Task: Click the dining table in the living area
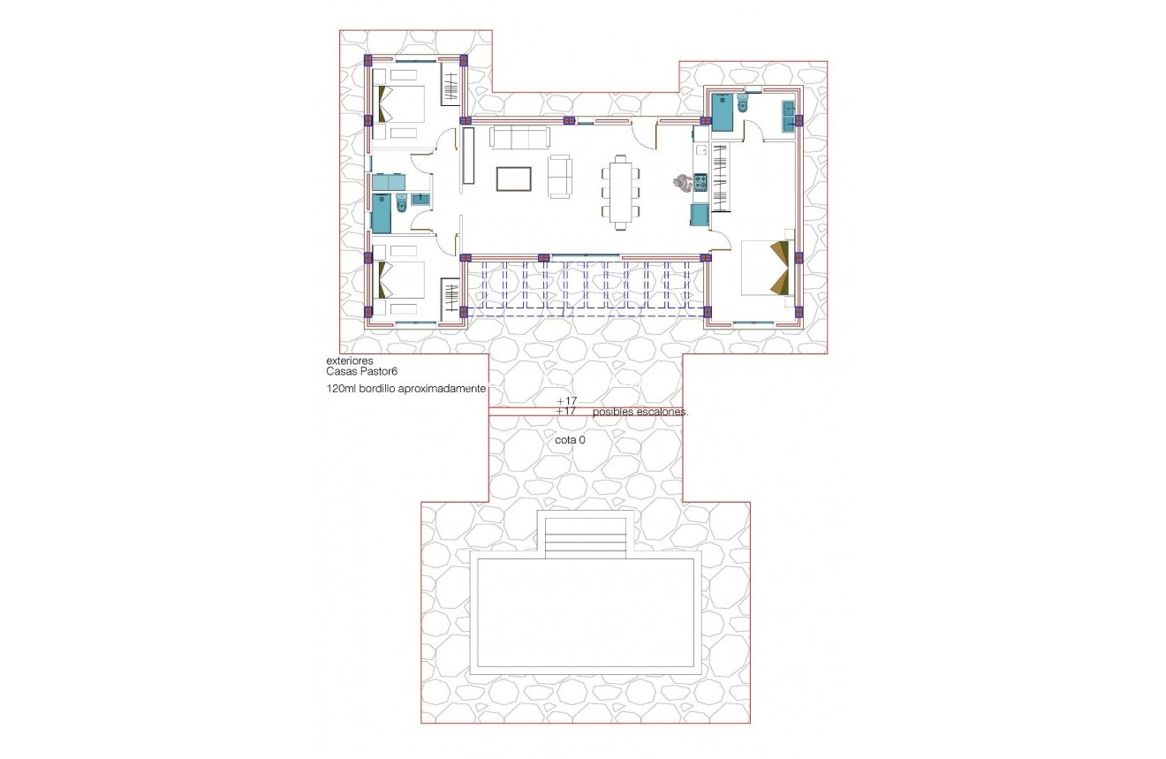(621, 192)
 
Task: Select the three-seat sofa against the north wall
(520, 137)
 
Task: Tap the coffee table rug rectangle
(514, 178)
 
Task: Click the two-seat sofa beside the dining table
(560, 175)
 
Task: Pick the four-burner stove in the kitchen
(700, 182)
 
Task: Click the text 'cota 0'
(570, 438)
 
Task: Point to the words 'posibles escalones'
(640, 413)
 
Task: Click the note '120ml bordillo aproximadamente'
(406, 389)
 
